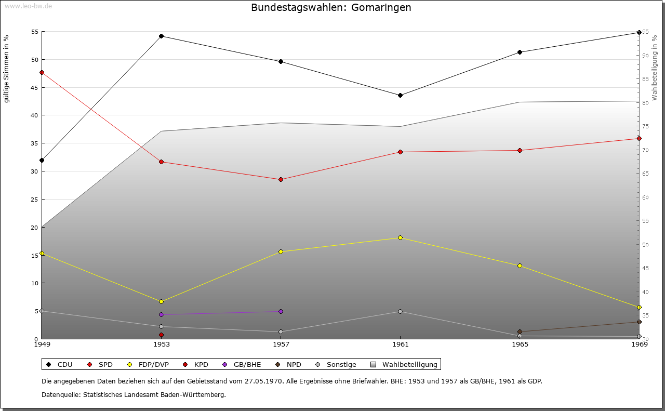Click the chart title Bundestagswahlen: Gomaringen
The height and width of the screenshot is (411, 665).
331,8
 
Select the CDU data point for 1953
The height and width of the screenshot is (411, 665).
162,36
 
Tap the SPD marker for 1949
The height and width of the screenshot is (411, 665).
42,72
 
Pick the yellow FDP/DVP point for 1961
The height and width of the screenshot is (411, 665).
400,237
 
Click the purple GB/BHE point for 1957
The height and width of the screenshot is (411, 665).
281,311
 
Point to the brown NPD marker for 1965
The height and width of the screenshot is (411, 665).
520,332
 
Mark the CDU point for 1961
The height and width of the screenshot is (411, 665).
400,95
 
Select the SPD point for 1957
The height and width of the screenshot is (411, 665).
281,179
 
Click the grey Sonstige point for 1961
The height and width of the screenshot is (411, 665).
400,311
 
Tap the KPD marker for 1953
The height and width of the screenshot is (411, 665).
162,335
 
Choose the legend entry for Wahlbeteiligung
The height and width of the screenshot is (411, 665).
405,364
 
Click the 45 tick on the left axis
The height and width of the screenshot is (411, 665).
35,87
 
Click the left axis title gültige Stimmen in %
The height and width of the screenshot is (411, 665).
7,69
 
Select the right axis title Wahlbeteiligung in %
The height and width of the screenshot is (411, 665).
655,68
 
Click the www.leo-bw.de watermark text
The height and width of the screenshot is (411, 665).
27,6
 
